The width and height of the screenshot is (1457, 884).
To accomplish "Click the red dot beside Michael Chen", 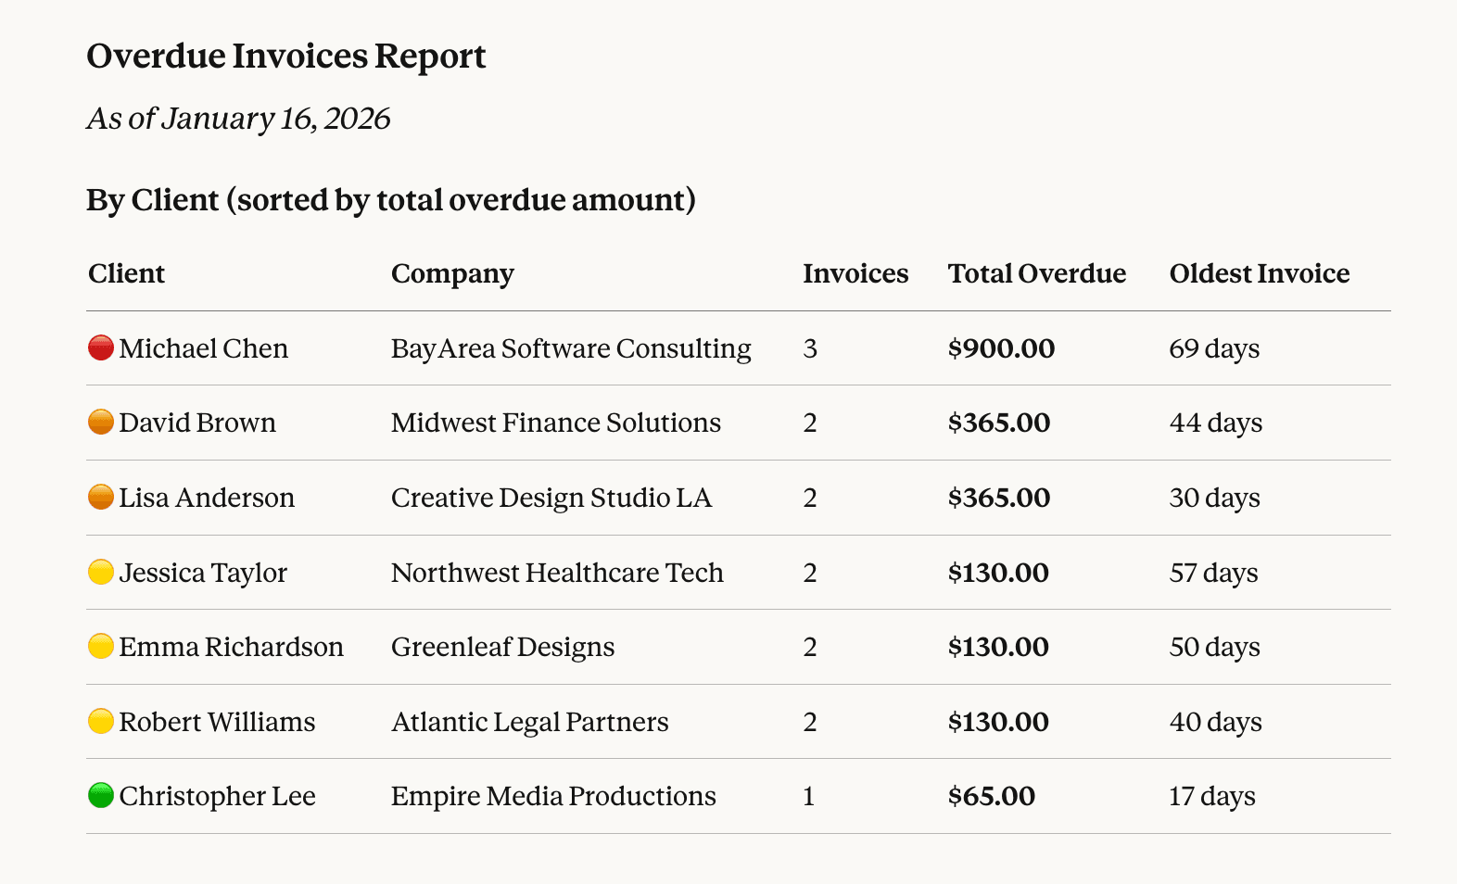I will (x=101, y=348).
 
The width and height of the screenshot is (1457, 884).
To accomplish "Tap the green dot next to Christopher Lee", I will (x=101, y=796).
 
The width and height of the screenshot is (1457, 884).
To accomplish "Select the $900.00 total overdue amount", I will (x=1001, y=349).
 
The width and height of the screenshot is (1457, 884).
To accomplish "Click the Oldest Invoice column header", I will (x=1259, y=274).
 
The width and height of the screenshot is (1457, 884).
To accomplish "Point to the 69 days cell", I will (x=1214, y=349).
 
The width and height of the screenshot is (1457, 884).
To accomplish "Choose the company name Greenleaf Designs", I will (x=502, y=648).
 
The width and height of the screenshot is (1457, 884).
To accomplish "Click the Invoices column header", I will (x=855, y=274).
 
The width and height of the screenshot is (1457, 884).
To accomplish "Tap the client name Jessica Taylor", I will (x=203, y=574).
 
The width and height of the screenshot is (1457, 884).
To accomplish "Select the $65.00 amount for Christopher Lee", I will (x=991, y=797).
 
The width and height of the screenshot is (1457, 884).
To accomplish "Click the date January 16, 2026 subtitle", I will (x=238, y=120).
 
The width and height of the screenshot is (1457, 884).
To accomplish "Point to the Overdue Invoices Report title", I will (x=285, y=57).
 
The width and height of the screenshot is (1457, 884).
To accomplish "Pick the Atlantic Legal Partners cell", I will (x=529, y=723).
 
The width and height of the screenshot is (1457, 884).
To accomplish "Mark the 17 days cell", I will (x=1211, y=797).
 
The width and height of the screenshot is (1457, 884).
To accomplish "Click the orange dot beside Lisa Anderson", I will (x=101, y=498).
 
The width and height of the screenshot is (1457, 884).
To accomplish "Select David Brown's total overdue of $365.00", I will (x=998, y=423).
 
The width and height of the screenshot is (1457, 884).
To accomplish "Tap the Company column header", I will (x=452, y=274).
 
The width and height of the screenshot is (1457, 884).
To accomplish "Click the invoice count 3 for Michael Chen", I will (x=810, y=349).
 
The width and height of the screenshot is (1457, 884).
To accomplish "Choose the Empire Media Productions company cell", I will (x=553, y=797).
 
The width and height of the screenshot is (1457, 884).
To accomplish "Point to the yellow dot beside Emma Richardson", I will (x=101, y=647).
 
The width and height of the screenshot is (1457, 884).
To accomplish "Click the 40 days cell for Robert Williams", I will (x=1215, y=723).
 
